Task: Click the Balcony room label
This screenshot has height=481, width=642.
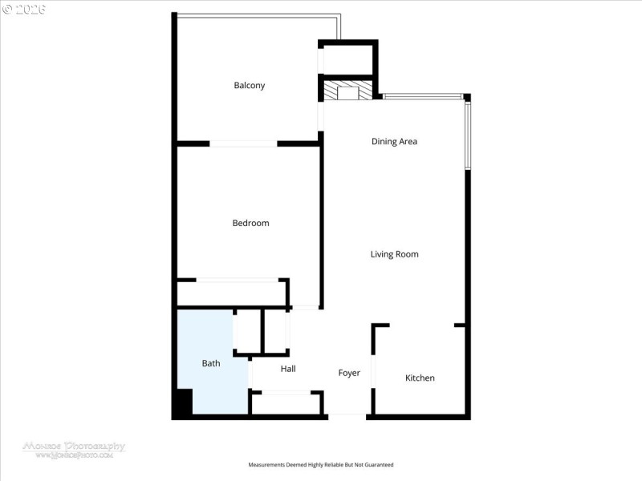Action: pos(249,86)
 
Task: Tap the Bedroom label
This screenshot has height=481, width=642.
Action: pos(250,223)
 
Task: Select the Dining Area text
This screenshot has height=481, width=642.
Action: pos(394,142)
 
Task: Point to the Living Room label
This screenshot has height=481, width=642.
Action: pos(394,254)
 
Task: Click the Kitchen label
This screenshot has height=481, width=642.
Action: pos(420,378)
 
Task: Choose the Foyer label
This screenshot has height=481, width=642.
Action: pos(349,373)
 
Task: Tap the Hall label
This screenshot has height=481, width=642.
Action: pos(288,369)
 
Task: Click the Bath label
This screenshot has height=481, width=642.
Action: pos(211,363)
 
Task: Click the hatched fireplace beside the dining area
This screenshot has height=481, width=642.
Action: pos(348,91)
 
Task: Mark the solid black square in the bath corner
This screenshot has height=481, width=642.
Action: pos(183,402)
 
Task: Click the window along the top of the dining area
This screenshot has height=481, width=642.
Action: pos(422,97)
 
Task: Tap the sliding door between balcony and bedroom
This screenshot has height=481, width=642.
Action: pos(243,143)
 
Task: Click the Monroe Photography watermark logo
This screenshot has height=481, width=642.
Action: pos(73,448)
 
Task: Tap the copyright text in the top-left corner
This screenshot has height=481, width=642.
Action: pos(23,9)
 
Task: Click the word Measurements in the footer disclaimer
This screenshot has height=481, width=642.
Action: pos(267,465)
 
